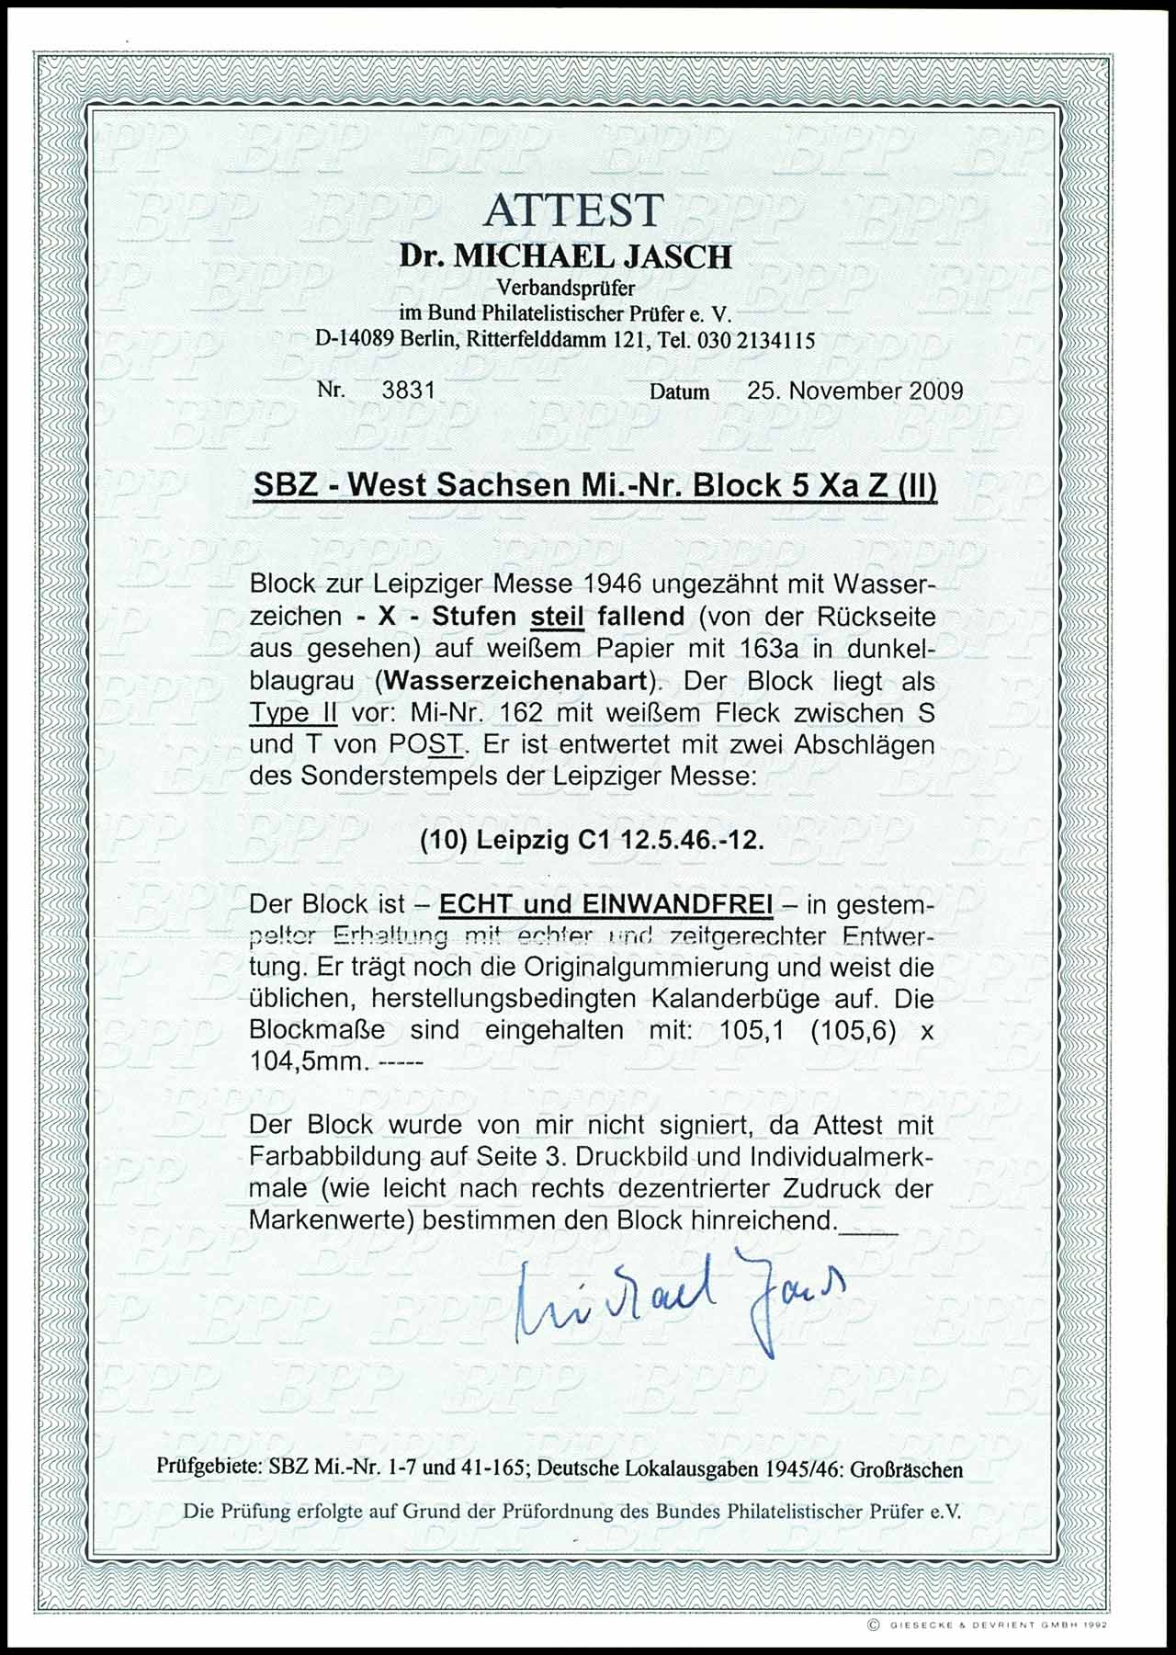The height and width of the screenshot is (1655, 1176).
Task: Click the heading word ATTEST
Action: point(572,210)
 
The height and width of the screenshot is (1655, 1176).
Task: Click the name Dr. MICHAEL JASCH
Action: point(566,255)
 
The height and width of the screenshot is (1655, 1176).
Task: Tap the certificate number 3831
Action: point(407,390)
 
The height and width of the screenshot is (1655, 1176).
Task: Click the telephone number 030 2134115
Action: point(756,340)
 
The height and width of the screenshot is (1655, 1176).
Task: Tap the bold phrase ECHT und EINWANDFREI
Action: point(606,905)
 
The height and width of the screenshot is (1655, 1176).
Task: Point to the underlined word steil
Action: point(559,617)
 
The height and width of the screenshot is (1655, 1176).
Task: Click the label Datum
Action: point(680,391)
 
